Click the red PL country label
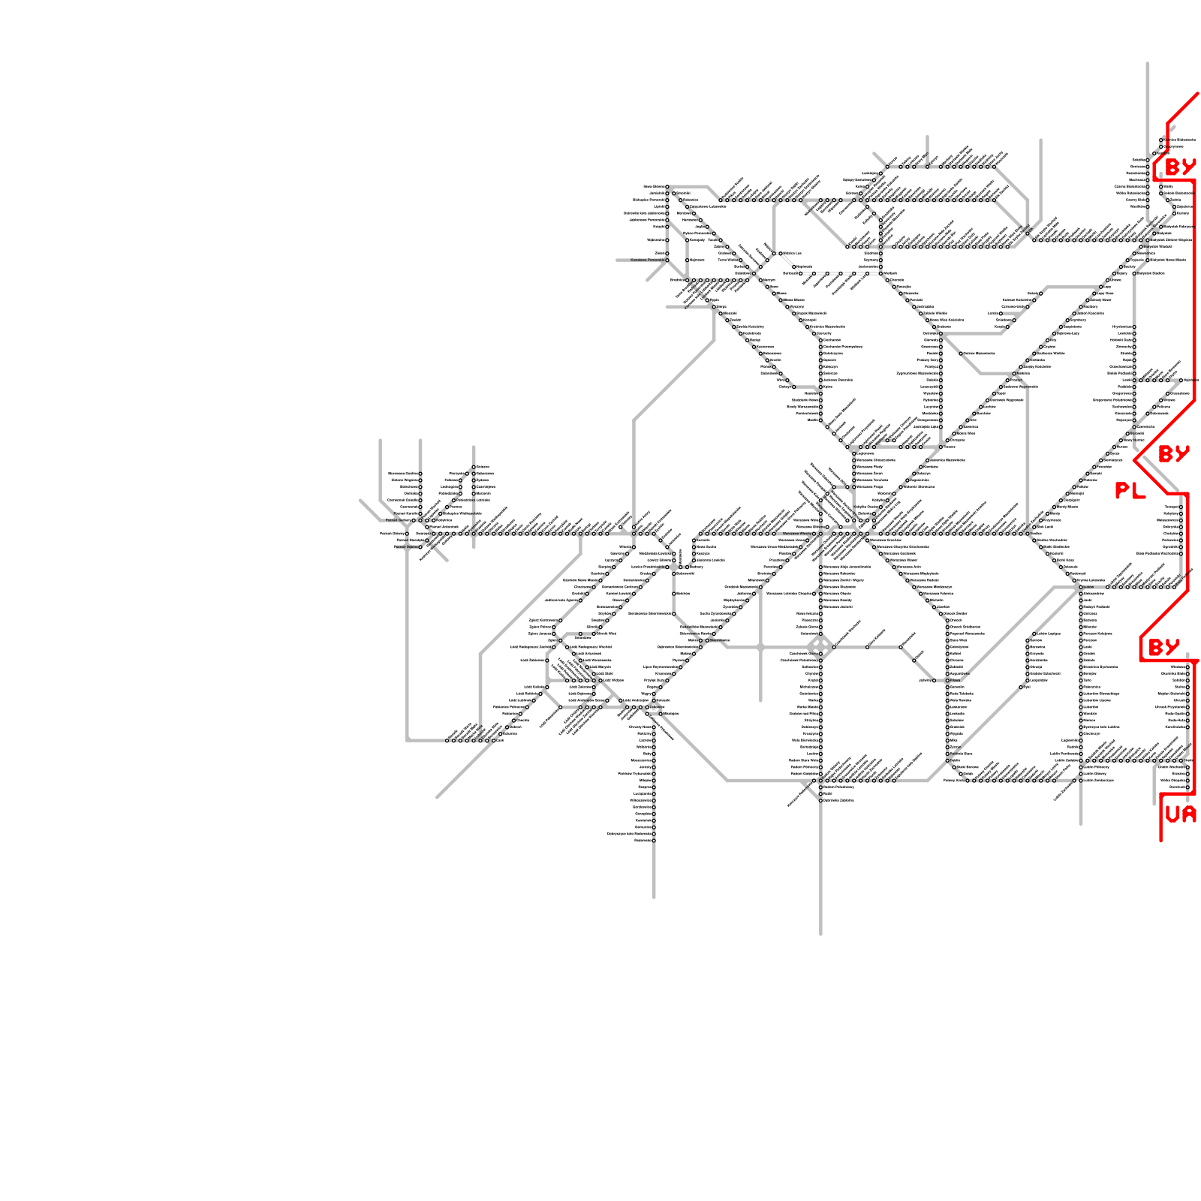(x=1130, y=491)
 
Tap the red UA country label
(x=1180, y=814)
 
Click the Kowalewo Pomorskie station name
(x=647, y=260)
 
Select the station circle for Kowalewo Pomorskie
(x=667, y=260)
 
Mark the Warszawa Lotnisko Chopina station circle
(x=814, y=594)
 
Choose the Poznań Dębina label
(x=406, y=546)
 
